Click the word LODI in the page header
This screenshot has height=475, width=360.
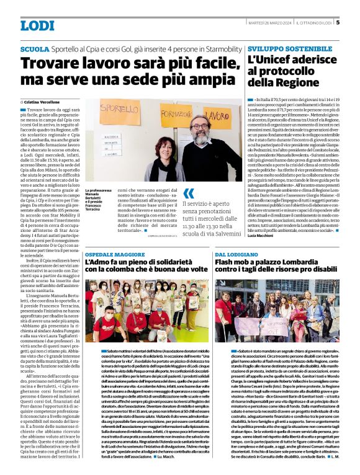(37, 25)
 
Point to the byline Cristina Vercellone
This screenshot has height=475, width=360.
(41, 101)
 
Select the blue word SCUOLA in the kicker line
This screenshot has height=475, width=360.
(35, 48)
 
